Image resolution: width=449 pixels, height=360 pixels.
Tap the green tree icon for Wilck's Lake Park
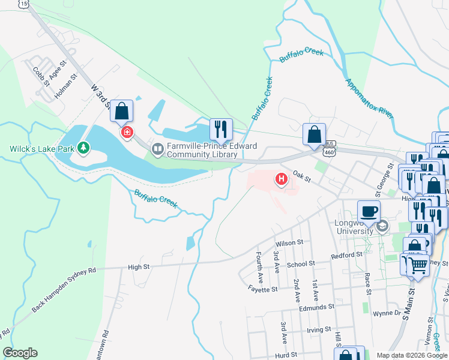(85, 147)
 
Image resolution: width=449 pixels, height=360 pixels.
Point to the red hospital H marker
(280, 178)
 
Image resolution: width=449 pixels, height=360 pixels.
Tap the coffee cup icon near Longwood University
(369, 211)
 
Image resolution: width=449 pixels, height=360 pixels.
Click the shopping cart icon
(418, 263)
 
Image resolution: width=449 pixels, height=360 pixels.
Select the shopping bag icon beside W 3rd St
(121, 111)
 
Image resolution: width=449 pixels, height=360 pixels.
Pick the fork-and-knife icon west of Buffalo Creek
(220, 129)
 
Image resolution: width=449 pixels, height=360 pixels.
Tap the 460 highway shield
(328, 152)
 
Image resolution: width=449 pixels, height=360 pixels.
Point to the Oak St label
(301, 177)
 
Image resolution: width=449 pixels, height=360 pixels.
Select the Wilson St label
(290, 243)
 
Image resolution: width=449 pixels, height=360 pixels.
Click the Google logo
(20, 353)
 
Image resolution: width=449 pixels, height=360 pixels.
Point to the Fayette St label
(263, 289)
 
